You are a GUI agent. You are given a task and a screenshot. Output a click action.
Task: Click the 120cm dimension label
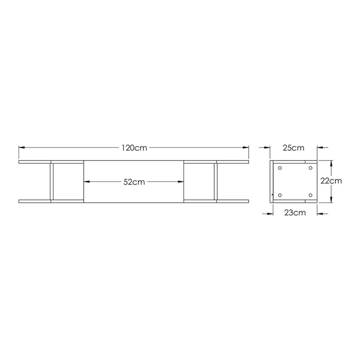click(x=134, y=148)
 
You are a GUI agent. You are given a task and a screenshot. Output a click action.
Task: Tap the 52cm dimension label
click(x=134, y=182)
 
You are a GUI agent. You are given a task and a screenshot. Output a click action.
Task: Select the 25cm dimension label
click(x=294, y=148)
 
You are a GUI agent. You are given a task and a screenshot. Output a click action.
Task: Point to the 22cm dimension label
click(x=331, y=181)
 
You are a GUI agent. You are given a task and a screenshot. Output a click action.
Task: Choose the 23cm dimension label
click(x=295, y=213)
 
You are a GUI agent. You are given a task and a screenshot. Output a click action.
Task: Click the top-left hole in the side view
click(x=280, y=168)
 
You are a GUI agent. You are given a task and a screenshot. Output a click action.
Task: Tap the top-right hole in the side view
click(x=310, y=168)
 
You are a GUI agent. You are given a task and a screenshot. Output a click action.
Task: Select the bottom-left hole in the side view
click(x=280, y=195)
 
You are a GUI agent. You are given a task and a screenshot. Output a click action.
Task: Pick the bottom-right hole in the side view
click(x=310, y=195)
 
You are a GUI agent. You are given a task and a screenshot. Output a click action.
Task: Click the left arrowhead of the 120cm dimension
click(x=22, y=148)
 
